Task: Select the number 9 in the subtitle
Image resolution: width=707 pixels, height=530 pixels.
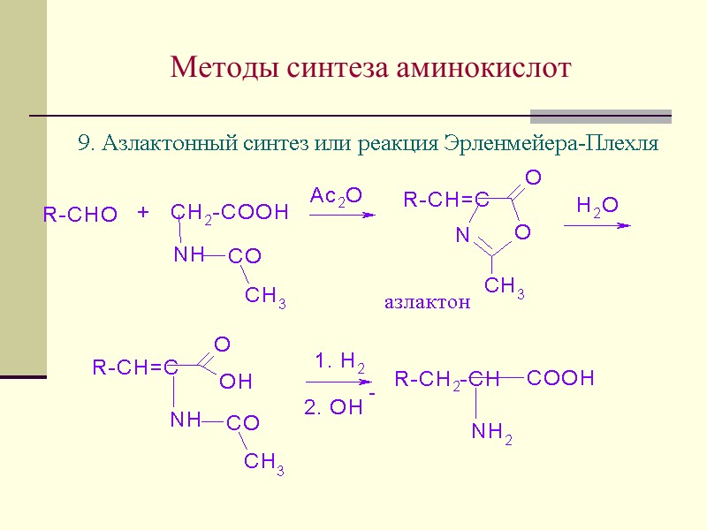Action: pyautogui.click(x=85, y=144)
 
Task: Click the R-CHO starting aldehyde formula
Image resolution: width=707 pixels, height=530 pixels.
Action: pyautogui.click(x=80, y=215)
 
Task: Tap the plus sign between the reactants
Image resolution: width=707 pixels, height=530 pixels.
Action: pyautogui.click(x=143, y=213)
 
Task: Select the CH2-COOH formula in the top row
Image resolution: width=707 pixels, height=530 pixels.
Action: pyautogui.click(x=230, y=212)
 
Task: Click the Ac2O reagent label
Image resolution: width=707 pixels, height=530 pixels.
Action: pyautogui.click(x=336, y=195)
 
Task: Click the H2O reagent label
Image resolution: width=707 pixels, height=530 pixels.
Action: pyautogui.click(x=597, y=206)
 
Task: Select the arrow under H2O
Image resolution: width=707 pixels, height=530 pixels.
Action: pyautogui.click(x=597, y=225)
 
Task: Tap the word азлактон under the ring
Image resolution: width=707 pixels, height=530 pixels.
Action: pyautogui.click(x=427, y=302)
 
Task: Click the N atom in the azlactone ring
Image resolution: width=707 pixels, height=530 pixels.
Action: pyautogui.click(x=461, y=236)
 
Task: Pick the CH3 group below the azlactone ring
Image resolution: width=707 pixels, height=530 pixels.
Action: pyautogui.click(x=505, y=286)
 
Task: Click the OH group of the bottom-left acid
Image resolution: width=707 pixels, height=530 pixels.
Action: pyautogui.click(x=236, y=382)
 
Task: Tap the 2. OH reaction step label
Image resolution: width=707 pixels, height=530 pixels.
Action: pyautogui.click(x=334, y=407)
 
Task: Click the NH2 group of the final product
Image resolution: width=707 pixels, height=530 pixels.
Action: pyautogui.click(x=492, y=432)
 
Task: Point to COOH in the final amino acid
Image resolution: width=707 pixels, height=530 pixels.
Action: pyautogui.click(x=560, y=379)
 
